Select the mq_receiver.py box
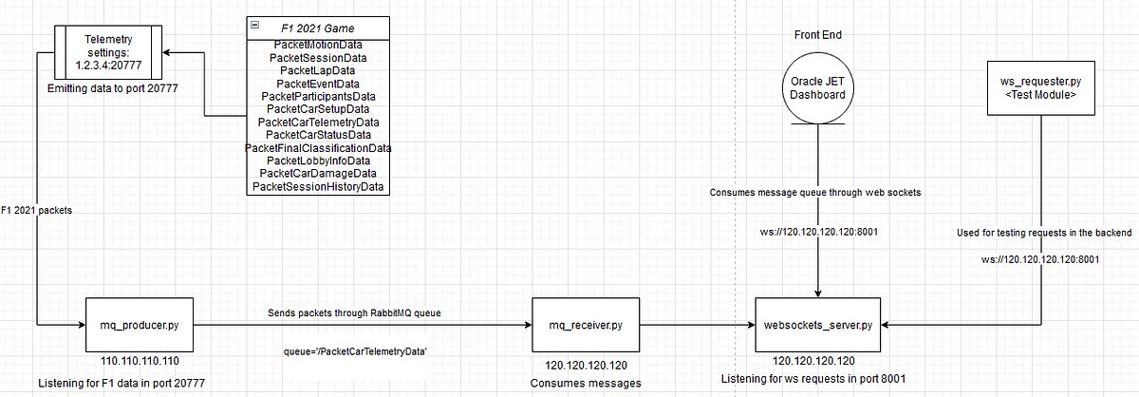click(583, 325)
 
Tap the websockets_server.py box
click(818, 325)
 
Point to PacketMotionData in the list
click(317, 45)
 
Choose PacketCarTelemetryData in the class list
click(317, 122)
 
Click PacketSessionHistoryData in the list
click(317, 186)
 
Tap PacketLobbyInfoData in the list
click(317, 161)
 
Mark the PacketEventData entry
click(317, 84)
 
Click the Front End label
click(818, 35)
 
